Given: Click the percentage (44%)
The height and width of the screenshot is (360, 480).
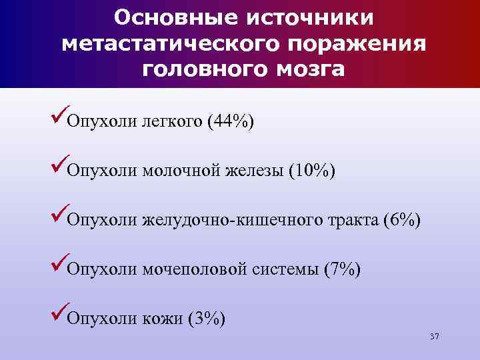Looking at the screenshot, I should (x=231, y=123).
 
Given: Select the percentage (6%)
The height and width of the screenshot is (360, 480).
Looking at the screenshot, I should (x=402, y=220).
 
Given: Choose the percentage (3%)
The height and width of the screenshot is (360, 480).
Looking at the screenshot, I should (x=207, y=318).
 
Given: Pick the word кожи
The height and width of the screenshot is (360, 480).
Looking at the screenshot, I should (x=163, y=318).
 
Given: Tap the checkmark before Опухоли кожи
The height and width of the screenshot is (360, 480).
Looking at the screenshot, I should (x=58, y=315).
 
